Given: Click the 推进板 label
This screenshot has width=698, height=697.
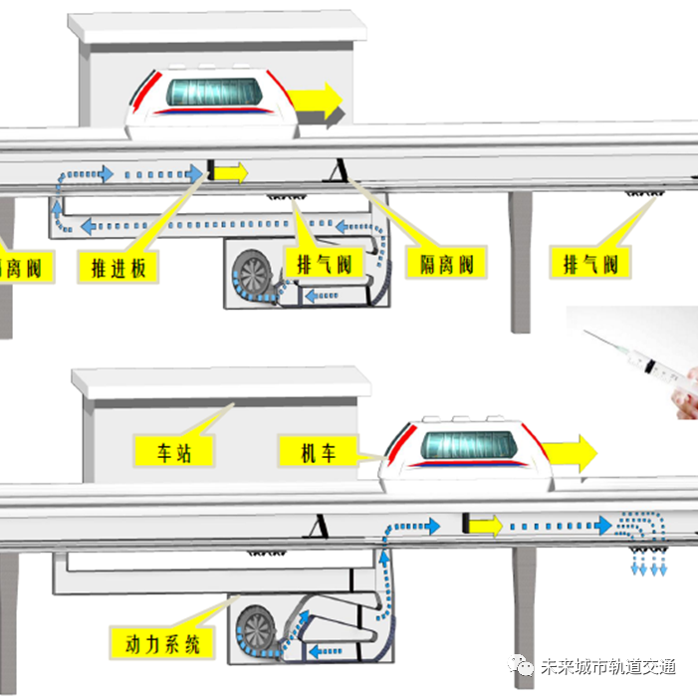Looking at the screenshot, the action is tap(124, 266).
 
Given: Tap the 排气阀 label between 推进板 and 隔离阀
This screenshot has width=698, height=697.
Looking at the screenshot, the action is tap(322, 265).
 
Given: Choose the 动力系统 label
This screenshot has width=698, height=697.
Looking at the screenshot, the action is tap(164, 641).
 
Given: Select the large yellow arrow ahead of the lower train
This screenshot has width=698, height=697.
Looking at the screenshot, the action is tap(575, 453).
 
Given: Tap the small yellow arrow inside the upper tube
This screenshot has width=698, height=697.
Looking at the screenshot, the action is tap(231, 172).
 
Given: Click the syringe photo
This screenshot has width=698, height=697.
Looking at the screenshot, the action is tap(636, 361).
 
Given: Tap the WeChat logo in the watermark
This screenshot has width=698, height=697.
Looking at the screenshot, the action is tap(523, 666).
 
